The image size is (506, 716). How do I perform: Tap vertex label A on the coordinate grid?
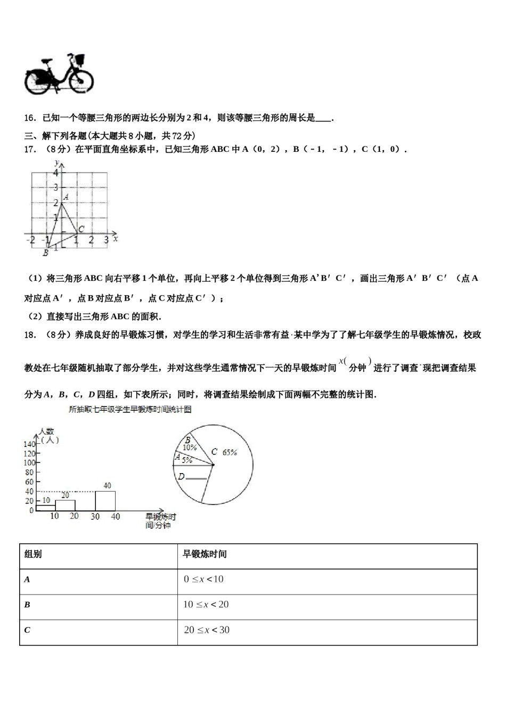coord(66,197)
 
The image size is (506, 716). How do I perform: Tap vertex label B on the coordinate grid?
coord(45,253)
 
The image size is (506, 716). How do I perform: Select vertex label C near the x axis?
coord(81,229)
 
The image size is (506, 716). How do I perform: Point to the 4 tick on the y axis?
coord(55,173)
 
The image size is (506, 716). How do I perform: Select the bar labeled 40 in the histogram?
coord(105,501)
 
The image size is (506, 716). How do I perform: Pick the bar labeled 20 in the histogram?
coord(65,505)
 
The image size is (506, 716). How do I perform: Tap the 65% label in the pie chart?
coord(230,452)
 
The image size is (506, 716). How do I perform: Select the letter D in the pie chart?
coord(181,476)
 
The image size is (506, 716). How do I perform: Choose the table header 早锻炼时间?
coord(205,554)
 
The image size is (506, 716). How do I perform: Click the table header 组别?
coord(33,554)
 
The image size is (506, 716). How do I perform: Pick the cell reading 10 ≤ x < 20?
coord(206,605)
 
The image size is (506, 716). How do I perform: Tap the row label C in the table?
coord(27,630)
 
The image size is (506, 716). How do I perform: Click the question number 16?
coord(30,118)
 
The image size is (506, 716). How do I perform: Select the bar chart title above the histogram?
coord(130,410)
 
